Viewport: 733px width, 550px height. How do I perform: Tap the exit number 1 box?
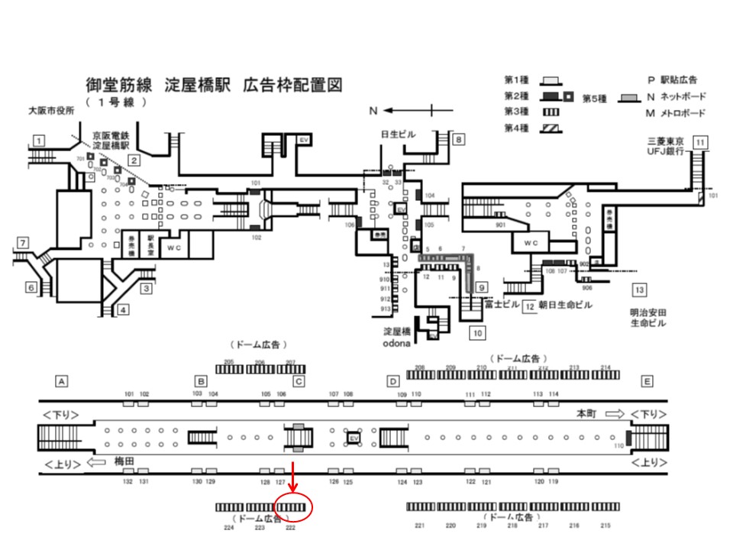38,140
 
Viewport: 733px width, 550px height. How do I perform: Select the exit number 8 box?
457,140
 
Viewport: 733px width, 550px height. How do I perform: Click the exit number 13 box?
639,290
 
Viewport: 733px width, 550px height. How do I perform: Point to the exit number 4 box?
123,309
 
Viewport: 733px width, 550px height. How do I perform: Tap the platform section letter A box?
63,380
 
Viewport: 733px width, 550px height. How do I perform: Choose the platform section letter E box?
647,380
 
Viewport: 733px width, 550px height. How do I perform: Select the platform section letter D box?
393,380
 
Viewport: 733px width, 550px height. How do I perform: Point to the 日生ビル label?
399,134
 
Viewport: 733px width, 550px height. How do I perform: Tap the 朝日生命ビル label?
566,306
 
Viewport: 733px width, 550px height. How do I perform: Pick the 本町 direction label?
586,412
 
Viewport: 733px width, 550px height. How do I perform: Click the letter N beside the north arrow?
373,111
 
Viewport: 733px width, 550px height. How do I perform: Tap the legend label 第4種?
518,128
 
